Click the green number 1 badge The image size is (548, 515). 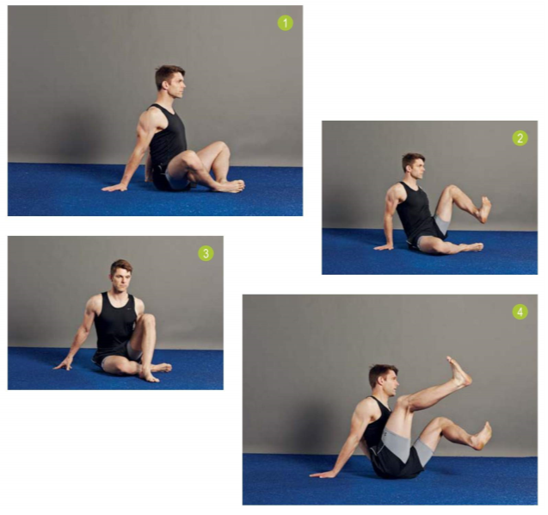[x=286, y=23]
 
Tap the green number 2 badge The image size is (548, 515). [x=520, y=138]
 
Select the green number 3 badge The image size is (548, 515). [x=206, y=253]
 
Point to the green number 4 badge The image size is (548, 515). [x=520, y=312]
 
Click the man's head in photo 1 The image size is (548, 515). [x=170, y=80]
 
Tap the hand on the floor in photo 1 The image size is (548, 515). [x=114, y=188]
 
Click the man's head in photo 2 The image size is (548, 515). [x=414, y=164]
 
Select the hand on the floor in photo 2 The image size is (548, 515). [x=384, y=247]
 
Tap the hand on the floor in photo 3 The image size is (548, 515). [x=64, y=364]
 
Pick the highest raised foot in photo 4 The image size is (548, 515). [x=459, y=372]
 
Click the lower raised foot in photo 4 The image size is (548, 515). [x=483, y=436]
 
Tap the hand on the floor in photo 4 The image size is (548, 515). [x=322, y=475]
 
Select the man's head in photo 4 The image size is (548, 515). [x=384, y=381]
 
